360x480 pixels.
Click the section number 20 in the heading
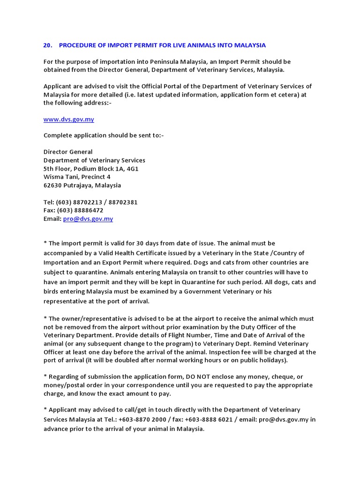point(47,45)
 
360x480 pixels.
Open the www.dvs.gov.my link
point(68,120)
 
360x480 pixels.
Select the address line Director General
point(68,152)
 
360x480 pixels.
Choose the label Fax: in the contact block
point(50,211)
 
